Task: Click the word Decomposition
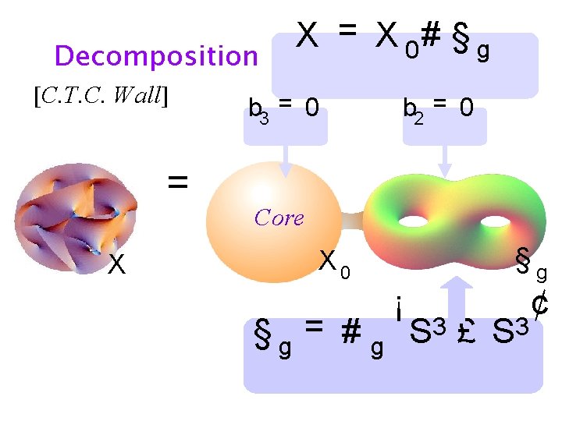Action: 156,56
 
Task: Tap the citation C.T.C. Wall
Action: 102,96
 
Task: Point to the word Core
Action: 279,218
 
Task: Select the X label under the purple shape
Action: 116,266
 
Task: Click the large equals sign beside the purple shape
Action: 178,182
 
